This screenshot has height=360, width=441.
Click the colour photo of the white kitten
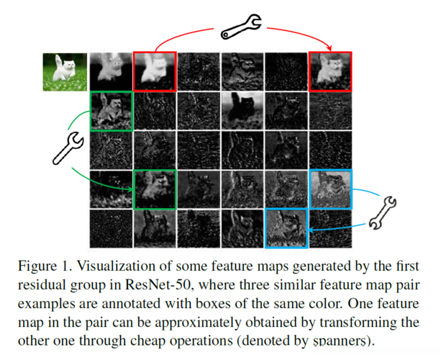pyautogui.click(x=65, y=71)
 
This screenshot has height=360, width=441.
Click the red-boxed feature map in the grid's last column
pyautogui.click(x=330, y=71)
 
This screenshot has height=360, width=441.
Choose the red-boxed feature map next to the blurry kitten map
pyautogui.click(x=154, y=71)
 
